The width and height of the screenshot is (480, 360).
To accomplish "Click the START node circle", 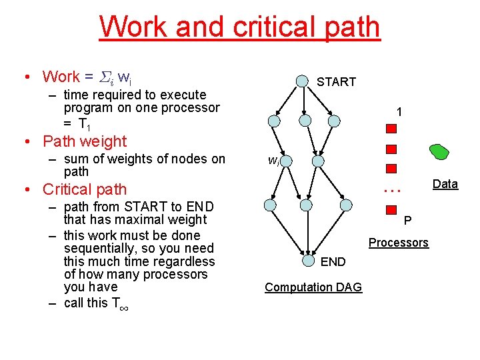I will pyautogui.click(x=303, y=81).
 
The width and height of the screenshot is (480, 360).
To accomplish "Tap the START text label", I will pyautogui.click(x=336, y=82).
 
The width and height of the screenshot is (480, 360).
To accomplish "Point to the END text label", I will pyautogui.click(x=333, y=262).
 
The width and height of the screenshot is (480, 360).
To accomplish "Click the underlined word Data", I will pyautogui.click(x=445, y=184).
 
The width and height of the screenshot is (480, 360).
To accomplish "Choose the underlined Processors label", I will pyautogui.click(x=398, y=243).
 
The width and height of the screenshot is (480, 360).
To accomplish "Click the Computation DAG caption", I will pyautogui.click(x=313, y=287).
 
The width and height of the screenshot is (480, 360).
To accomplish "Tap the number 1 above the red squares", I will pyautogui.click(x=398, y=113).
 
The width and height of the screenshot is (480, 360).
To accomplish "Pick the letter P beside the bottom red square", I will pyautogui.click(x=407, y=221).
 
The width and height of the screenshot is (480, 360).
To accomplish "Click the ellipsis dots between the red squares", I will pyautogui.click(x=392, y=189).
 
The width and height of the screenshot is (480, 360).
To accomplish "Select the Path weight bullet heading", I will pyautogui.click(x=84, y=141).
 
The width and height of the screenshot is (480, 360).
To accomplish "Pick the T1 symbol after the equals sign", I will pyautogui.click(x=84, y=124).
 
